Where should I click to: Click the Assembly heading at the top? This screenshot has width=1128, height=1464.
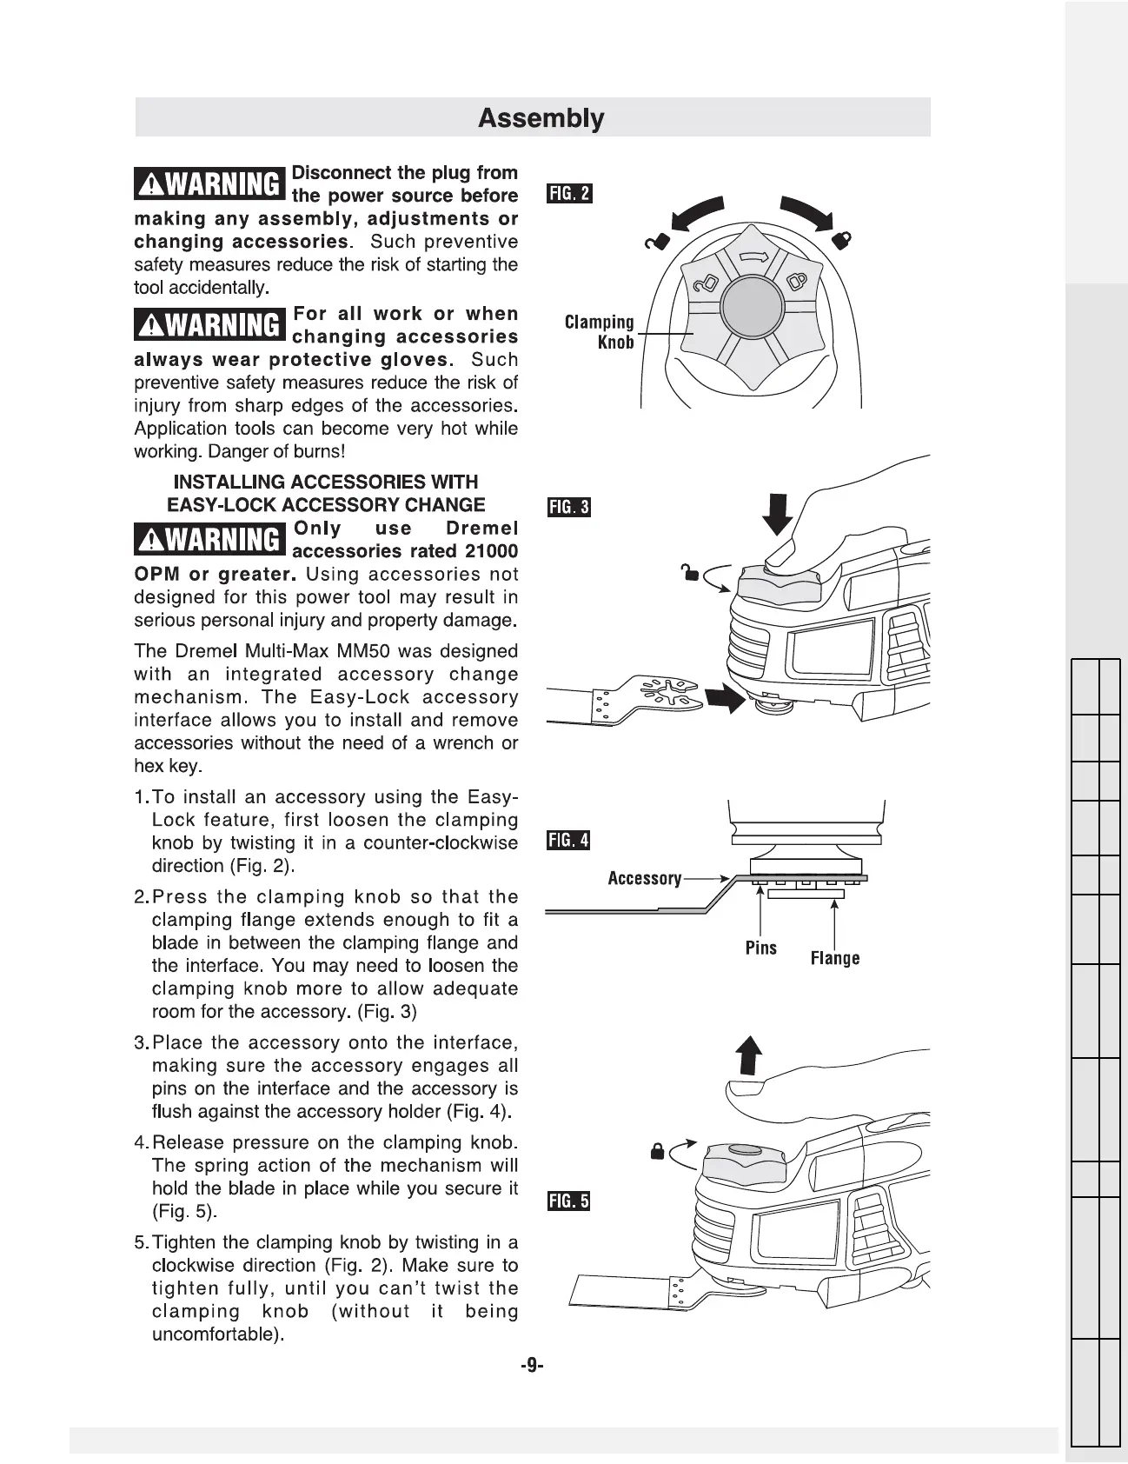point(541,118)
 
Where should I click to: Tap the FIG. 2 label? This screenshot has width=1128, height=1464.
point(568,193)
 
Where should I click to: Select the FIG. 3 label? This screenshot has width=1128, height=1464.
point(568,507)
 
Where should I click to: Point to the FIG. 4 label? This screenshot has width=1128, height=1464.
point(568,840)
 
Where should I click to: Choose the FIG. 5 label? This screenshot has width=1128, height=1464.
point(568,1201)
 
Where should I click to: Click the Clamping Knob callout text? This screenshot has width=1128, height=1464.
point(600,332)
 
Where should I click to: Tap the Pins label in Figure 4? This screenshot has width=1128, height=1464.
point(760,948)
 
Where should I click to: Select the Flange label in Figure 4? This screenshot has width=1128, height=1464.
point(834,958)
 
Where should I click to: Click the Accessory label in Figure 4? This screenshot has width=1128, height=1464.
point(644,878)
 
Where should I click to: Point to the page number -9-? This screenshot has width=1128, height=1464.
point(531,1366)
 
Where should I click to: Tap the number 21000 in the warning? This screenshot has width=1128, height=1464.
point(491,551)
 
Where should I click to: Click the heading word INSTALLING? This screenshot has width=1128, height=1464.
point(229,482)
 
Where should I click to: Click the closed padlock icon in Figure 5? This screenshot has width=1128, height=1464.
point(658,1153)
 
